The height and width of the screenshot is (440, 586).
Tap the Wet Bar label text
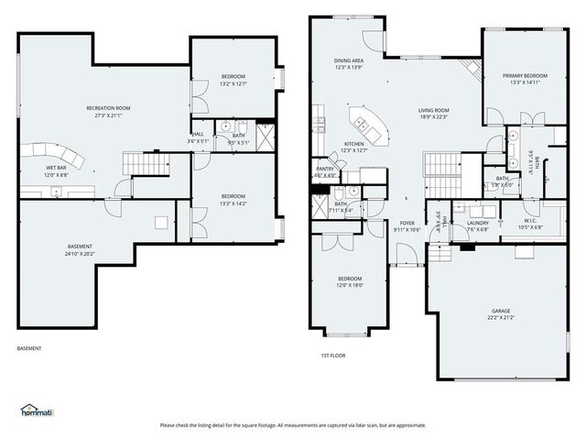tap(55, 169)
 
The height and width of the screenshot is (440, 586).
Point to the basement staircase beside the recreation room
tap(146, 164)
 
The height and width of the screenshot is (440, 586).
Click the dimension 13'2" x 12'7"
tap(233, 84)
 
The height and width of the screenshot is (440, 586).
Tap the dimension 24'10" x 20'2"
tap(80, 254)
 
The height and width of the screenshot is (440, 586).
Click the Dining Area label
tap(350, 60)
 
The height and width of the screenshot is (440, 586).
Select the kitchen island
tap(367, 121)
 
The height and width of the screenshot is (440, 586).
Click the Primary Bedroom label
tap(525, 75)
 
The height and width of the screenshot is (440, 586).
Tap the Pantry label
tap(325, 169)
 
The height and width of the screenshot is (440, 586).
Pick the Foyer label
tap(407, 223)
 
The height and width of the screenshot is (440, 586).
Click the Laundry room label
tap(477, 223)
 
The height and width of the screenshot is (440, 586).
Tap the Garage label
tap(500, 311)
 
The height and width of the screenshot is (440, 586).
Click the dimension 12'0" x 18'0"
tap(350, 285)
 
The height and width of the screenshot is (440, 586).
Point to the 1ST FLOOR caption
tap(332, 355)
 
